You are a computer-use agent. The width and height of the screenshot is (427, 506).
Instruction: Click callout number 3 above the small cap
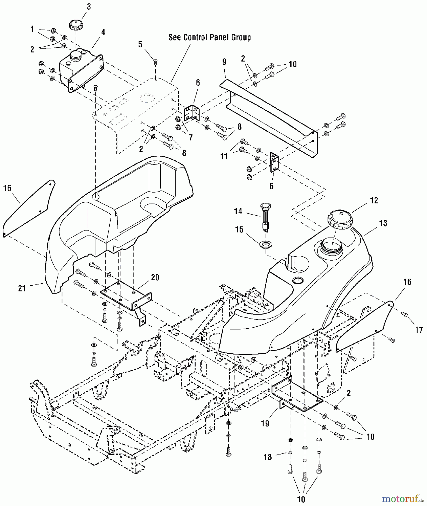tap(89, 7)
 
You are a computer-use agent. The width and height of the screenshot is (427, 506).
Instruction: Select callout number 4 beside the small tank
tap(103, 32)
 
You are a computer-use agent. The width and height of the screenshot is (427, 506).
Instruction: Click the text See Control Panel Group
tap(209, 37)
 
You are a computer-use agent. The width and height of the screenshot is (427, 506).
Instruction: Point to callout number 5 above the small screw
tap(140, 44)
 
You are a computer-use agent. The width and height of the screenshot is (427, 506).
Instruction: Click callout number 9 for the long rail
tap(224, 62)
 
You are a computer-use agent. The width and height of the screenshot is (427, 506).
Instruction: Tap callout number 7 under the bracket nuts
tap(191, 138)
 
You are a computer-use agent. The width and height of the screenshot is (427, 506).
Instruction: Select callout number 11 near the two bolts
tap(224, 156)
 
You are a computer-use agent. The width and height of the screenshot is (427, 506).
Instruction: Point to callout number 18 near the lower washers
tap(268, 457)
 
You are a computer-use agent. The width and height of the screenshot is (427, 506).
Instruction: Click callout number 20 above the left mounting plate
tap(155, 277)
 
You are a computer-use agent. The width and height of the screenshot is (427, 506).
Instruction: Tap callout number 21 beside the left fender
tap(22, 288)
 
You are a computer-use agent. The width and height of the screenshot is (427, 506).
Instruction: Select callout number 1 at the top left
tap(32, 29)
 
